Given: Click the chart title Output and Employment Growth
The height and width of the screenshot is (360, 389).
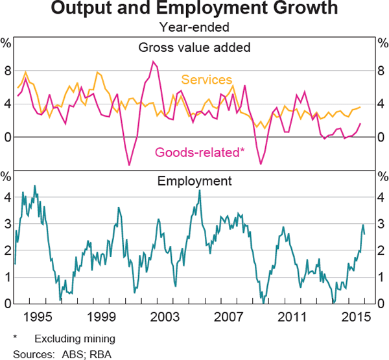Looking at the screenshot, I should coord(194,9).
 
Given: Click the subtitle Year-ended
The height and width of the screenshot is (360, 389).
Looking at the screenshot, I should coord(194,27).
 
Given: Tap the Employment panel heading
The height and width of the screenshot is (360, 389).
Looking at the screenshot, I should coord(194,181).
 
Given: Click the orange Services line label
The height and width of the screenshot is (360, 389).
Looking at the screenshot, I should coord(206,80).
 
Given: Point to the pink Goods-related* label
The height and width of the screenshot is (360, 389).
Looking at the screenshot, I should coord(199,152).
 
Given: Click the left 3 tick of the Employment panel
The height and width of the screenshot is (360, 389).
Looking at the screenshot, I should coord(7,224).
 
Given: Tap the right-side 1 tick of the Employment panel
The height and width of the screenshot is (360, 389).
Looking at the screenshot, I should coord(381,277).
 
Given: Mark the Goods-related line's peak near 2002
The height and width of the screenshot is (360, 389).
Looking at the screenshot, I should coord(153,62).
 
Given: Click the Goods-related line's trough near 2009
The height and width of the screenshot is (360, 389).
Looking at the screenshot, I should coord(261,163).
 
